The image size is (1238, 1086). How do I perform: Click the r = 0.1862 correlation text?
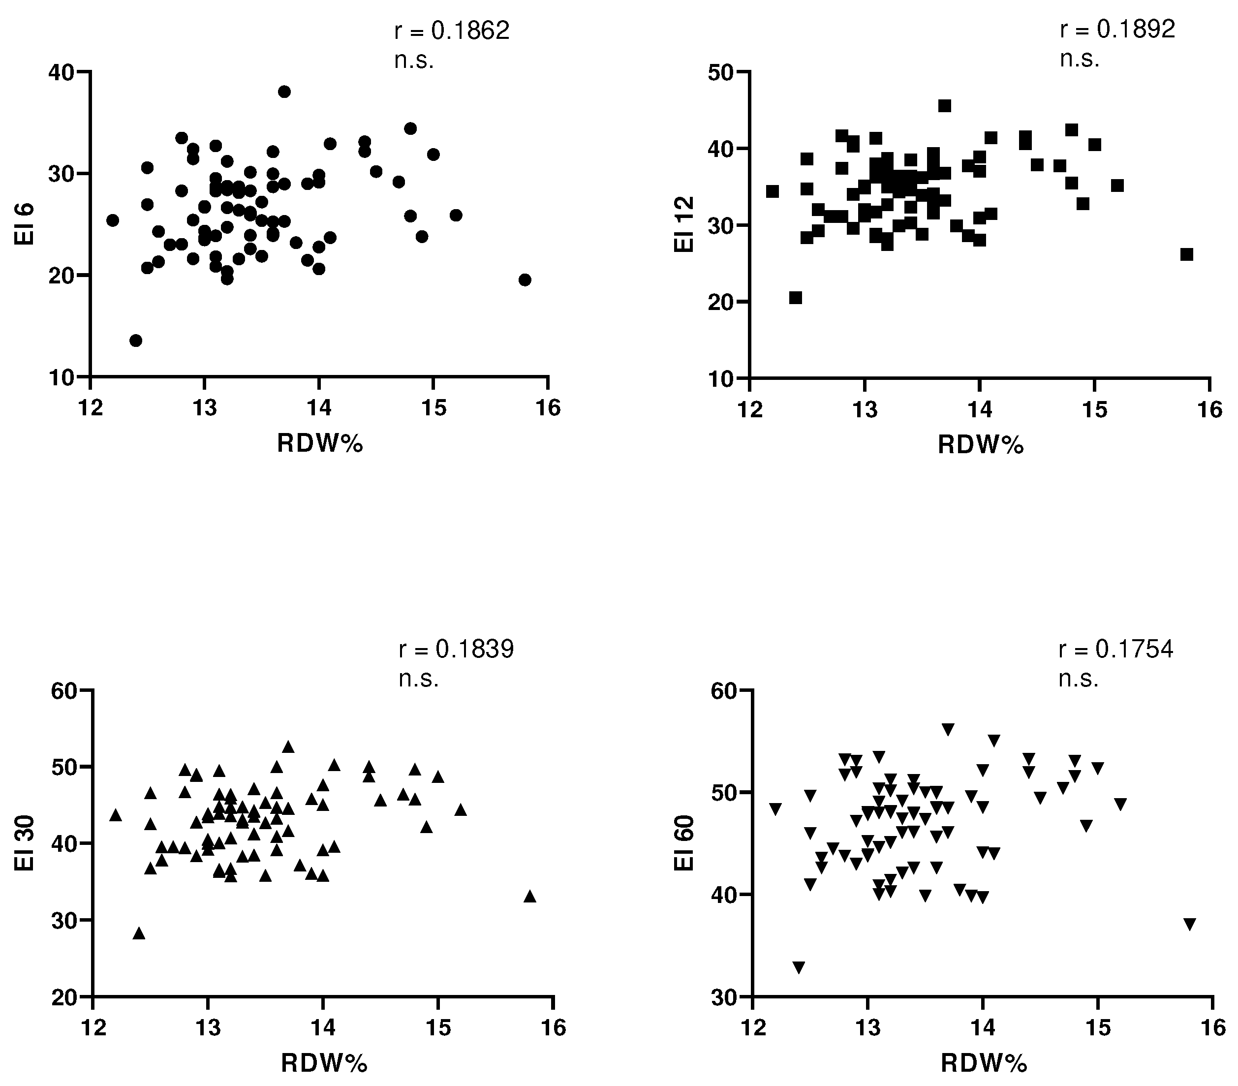click(x=452, y=31)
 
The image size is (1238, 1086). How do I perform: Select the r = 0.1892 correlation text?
click(x=1117, y=29)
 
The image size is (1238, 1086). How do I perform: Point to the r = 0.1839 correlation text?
click(x=456, y=649)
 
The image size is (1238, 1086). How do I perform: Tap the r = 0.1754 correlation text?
click(x=1115, y=649)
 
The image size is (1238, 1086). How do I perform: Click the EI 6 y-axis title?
click(x=25, y=224)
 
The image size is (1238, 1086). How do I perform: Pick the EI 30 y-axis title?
click(x=25, y=843)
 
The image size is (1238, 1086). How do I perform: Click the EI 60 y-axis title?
click(x=684, y=843)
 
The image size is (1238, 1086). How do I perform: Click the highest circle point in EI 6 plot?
click(x=284, y=92)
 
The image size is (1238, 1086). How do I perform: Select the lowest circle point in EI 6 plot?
click(x=136, y=341)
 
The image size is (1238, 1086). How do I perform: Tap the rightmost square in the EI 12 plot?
click(x=1186, y=254)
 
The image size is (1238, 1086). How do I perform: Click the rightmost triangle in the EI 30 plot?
click(x=530, y=896)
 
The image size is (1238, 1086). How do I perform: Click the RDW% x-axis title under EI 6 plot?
click(x=320, y=444)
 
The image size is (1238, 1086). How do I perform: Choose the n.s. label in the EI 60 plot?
click(x=1078, y=679)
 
